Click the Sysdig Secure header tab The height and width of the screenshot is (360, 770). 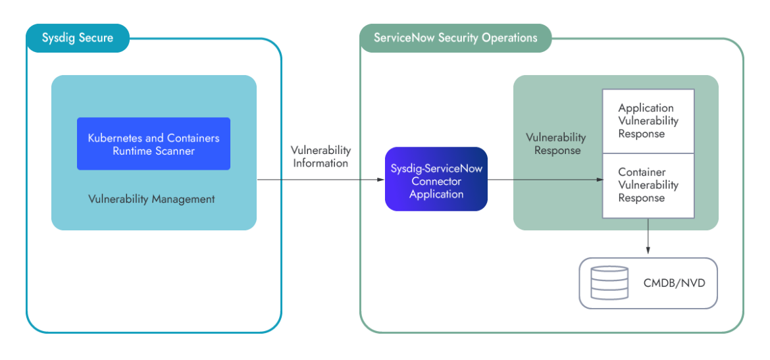click(x=78, y=38)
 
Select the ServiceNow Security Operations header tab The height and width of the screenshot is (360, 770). click(x=455, y=38)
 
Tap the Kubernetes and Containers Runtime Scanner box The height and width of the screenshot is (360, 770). click(x=153, y=144)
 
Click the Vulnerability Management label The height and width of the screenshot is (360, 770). click(x=151, y=199)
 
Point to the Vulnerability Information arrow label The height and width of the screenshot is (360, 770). click(x=321, y=157)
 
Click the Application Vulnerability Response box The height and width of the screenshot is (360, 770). click(x=648, y=121)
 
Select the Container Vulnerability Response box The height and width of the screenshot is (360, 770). click(x=648, y=185)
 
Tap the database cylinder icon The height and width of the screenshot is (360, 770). click(x=609, y=283)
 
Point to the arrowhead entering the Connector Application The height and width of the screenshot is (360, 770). click(x=380, y=180)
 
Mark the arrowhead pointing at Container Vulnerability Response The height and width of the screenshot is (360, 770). click(x=599, y=180)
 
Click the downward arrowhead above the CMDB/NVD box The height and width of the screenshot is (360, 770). click(x=648, y=249)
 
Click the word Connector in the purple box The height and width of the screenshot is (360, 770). click(x=436, y=181)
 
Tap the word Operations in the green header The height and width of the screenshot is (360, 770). click(x=509, y=38)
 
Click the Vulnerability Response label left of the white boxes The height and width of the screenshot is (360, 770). click(x=556, y=143)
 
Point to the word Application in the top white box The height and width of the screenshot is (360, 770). click(x=646, y=108)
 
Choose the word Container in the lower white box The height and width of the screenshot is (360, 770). click(x=642, y=172)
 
